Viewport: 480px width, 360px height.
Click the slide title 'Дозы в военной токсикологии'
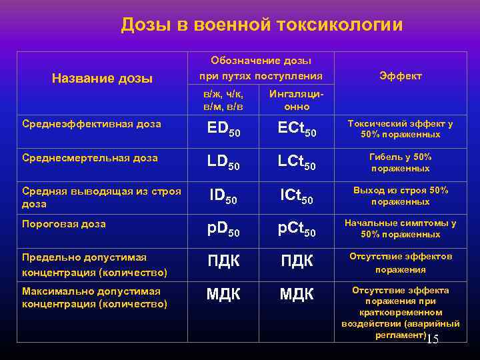(262, 25)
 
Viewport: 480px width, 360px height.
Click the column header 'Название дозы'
(102, 79)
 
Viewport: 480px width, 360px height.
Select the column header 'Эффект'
(400, 76)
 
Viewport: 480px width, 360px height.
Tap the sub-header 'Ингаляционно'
(297, 101)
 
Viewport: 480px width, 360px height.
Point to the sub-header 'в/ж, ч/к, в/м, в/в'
(223, 101)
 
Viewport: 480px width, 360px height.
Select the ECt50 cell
(297, 131)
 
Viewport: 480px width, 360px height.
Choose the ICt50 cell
(297, 196)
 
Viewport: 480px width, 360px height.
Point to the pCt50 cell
(297, 230)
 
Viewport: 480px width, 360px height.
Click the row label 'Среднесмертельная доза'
(89, 158)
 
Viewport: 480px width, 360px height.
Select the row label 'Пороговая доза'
(63, 224)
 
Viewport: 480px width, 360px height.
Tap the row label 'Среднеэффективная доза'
(91, 124)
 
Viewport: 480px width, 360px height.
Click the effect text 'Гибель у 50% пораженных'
(400, 163)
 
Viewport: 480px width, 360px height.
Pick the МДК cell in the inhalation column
(297, 293)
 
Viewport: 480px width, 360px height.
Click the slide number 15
(432, 339)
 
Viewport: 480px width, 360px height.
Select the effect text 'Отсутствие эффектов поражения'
(400, 263)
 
